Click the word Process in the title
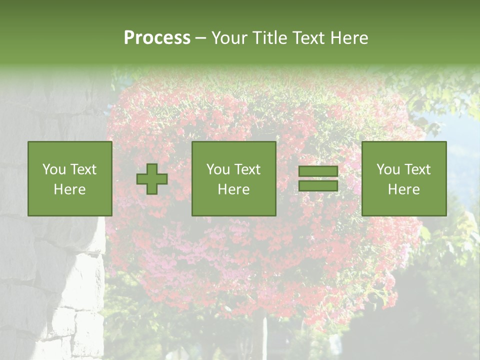[x=157, y=38]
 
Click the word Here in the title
[x=349, y=38]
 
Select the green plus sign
[x=152, y=179]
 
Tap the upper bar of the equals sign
[x=318, y=171]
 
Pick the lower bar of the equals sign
[x=318, y=186]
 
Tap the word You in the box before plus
[x=53, y=169]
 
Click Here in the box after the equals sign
[x=404, y=189]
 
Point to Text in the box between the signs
[x=247, y=169]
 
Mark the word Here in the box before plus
[x=70, y=189]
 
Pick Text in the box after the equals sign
[x=417, y=169]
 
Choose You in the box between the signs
[x=218, y=169]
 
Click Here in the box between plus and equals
[x=234, y=189]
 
